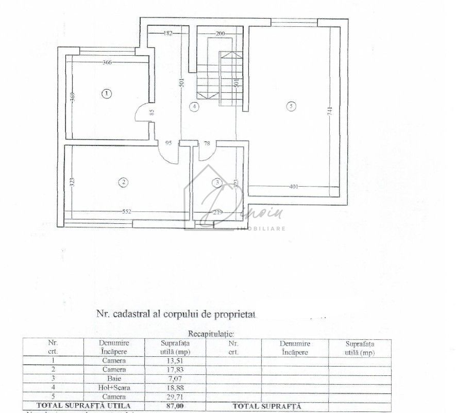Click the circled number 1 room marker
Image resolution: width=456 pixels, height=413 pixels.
107,94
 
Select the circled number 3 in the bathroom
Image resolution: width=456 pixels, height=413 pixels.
218,181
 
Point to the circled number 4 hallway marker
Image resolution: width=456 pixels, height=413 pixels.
194,107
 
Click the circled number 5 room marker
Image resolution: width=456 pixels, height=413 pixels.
292,107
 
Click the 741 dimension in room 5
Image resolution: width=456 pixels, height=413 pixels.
330,110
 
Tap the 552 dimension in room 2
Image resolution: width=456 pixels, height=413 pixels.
127,211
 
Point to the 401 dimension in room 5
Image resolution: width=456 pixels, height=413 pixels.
293,187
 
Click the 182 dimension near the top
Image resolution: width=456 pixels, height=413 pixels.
168,34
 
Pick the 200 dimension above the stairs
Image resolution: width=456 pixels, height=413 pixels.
220,34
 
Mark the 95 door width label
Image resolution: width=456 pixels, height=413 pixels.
168,144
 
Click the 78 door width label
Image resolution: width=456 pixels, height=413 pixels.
207,144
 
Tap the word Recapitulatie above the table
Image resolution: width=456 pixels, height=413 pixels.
211,334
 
